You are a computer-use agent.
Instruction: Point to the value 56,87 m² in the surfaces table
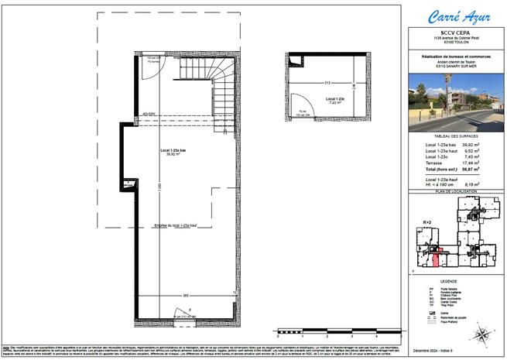point(481,168)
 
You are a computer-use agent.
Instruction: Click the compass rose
point(482,335)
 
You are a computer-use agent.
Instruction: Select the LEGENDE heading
point(453,281)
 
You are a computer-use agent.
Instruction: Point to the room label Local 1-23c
point(334,100)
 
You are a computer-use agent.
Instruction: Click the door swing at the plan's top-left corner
point(152,70)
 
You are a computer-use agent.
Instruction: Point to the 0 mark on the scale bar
point(277,335)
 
